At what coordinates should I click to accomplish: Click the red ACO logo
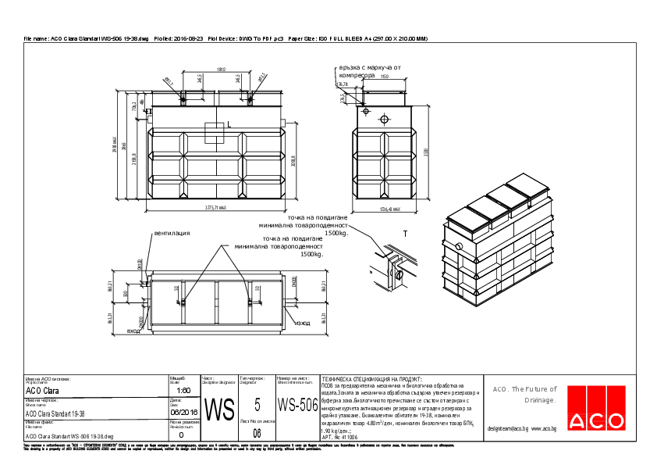(x=596, y=419)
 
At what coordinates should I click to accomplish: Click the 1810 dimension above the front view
(x=222, y=70)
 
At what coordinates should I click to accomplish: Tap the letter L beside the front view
(x=229, y=123)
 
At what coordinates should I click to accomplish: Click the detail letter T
(x=405, y=234)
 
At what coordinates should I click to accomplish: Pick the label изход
(x=302, y=322)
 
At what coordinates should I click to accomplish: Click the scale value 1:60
(x=184, y=390)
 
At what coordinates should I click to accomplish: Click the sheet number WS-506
(x=297, y=405)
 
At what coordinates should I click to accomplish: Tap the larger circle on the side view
(x=384, y=120)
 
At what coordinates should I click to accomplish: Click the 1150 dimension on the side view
(x=384, y=77)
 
